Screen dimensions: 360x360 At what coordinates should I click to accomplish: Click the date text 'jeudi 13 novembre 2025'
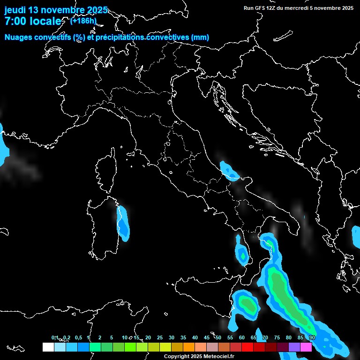pyautogui.click(x=56, y=10)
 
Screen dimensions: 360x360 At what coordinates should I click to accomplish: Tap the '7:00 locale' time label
pyautogui.click(x=32, y=21)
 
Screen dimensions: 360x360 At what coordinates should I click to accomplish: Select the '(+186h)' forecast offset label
pyautogui.click(x=83, y=21)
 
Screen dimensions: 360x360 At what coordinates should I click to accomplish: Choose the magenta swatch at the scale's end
pyautogui.click(x=306, y=347)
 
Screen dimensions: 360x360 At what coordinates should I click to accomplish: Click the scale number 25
pyautogui.click(x=160, y=338)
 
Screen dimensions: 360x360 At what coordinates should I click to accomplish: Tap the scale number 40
pyautogui.click(x=195, y=338)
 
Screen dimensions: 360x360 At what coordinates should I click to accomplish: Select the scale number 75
pyautogui.click(x=277, y=338)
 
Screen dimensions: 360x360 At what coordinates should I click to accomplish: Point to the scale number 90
pyautogui.click(x=312, y=338)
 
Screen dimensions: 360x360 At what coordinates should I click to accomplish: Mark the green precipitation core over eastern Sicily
pyautogui.click(x=248, y=305)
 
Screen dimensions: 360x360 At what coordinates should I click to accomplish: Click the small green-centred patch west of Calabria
pyautogui.click(x=242, y=255)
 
